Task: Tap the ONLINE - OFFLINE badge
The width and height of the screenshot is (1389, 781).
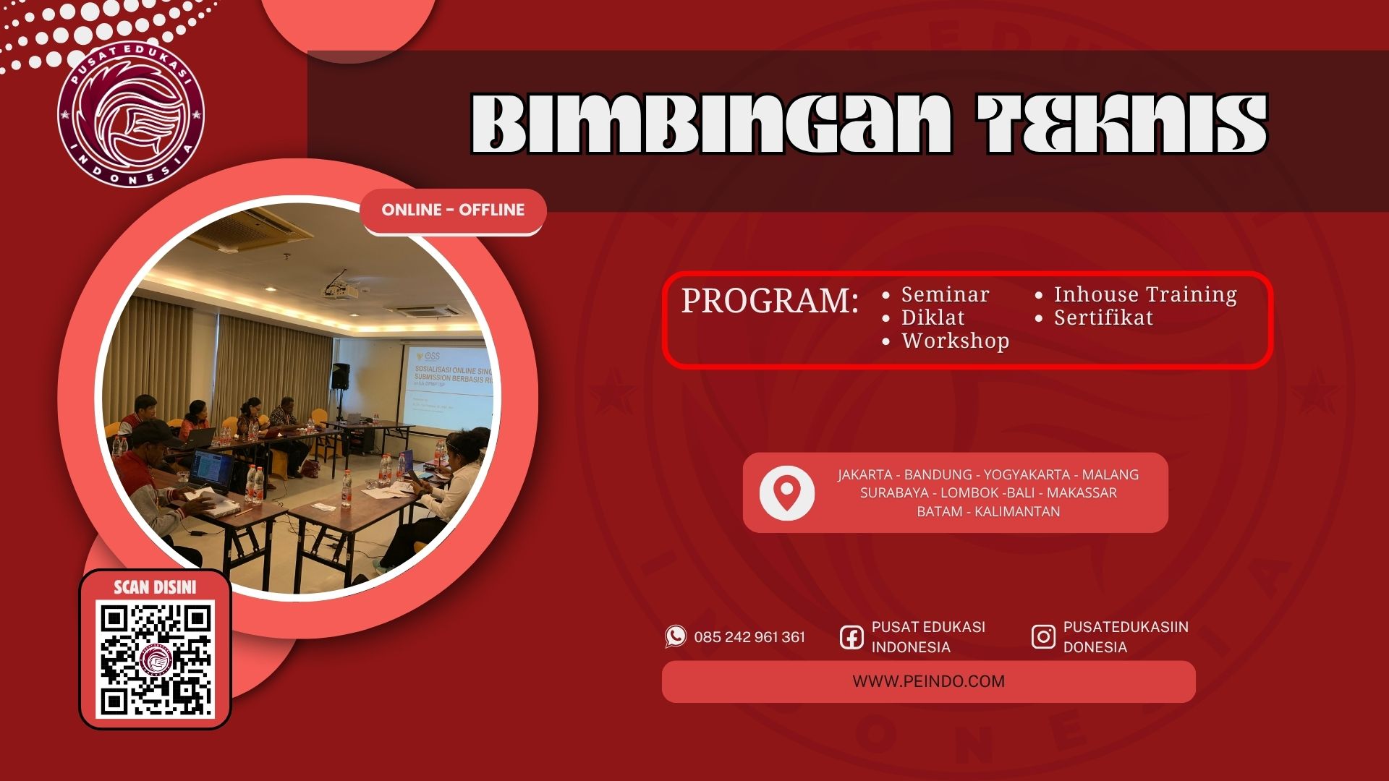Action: (453, 210)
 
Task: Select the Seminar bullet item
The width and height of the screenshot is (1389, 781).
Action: (944, 294)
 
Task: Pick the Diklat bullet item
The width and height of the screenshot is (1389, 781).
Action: (932, 317)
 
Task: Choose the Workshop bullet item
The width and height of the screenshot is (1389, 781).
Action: (954, 341)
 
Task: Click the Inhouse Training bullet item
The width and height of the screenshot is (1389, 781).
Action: (1144, 294)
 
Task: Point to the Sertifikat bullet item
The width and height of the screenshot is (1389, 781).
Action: (1103, 317)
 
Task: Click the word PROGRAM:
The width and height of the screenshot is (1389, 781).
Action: (770, 301)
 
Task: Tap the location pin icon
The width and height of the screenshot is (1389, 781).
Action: (786, 492)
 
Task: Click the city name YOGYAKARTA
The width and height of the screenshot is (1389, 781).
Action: (1026, 474)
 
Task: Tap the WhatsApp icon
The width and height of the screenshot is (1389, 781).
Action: (676, 636)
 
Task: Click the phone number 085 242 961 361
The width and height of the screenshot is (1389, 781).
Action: (749, 637)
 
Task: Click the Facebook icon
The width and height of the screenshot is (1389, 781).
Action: (851, 637)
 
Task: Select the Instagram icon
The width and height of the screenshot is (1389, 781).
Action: (1042, 637)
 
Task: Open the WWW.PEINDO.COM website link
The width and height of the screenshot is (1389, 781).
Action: (928, 681)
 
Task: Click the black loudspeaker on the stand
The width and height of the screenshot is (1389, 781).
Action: (340, 377)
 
